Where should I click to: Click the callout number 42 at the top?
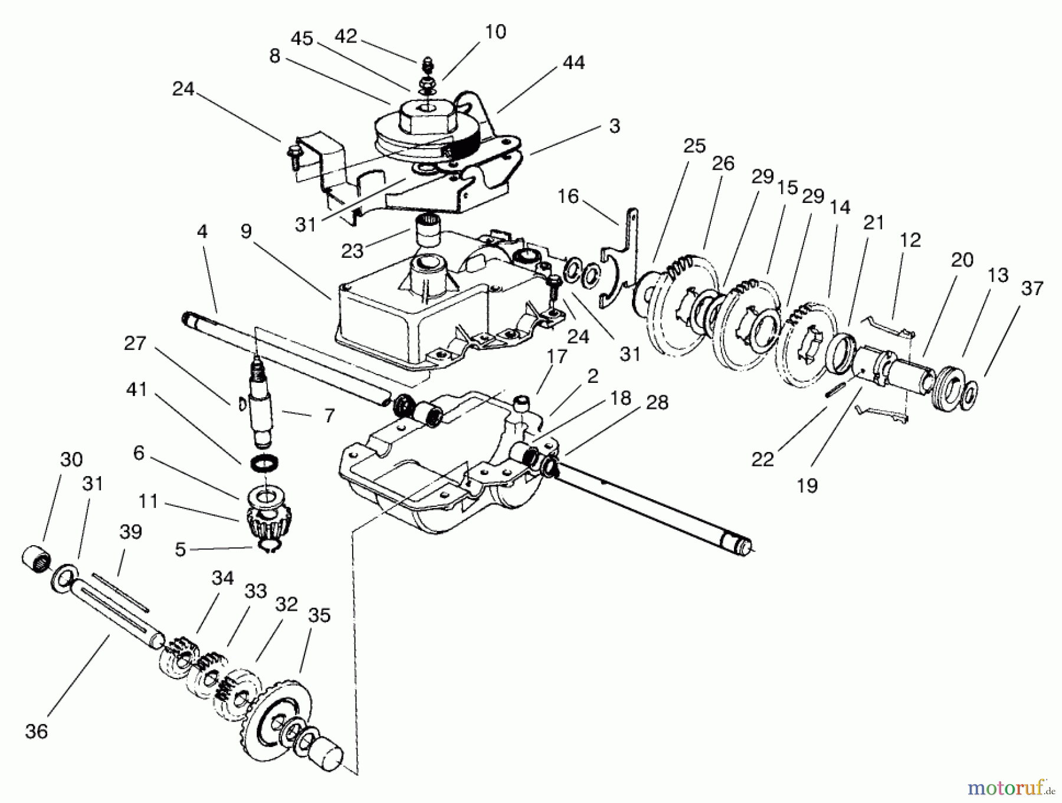[346, 37]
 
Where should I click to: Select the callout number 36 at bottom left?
[37, 732]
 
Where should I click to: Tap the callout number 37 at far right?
[1032, 289]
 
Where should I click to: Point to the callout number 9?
[246, 231]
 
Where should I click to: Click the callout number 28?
[657, 402]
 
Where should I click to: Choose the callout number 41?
[136, 390]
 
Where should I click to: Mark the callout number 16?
[568, 196]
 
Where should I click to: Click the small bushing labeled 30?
[37, 558]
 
